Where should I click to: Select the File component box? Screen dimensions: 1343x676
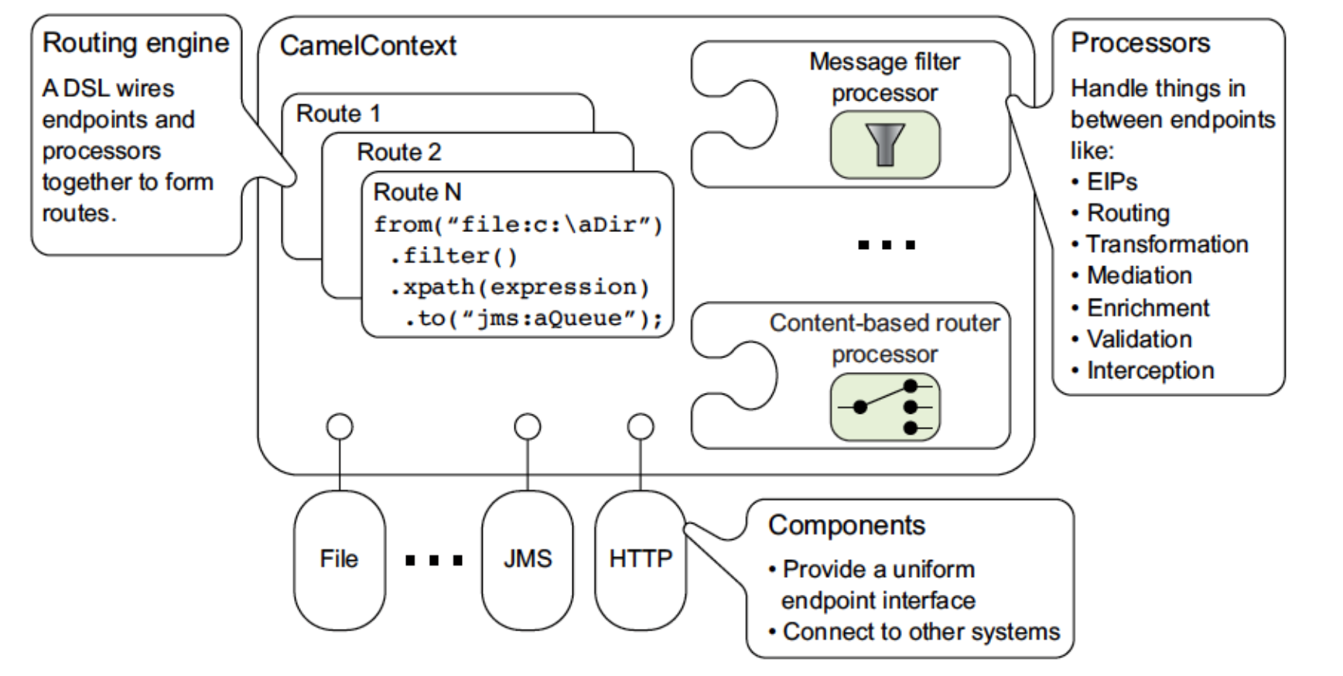tap(339, 560)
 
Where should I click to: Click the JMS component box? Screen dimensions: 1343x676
tap(528, 560)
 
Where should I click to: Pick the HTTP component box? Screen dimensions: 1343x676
tap(641, 560)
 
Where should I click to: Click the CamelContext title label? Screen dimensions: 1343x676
tap(368, 46)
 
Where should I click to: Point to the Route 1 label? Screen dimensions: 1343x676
tap(339, 114)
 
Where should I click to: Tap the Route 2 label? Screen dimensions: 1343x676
tap(399, 152)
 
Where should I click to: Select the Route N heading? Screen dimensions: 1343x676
tap(417, 192)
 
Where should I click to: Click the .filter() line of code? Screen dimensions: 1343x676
tap(453, 256)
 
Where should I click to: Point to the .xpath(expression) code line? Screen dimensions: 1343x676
tap(519, 287)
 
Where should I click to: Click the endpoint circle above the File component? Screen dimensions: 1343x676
tap(340, 427)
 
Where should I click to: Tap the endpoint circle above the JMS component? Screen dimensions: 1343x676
tap(528, 427)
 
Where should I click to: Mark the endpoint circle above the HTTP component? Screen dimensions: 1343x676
tap(641, 427)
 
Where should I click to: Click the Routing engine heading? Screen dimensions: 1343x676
tap(136, 43)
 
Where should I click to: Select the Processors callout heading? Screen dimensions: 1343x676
tap(1140, 43)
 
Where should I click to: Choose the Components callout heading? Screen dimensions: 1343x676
tap(846, 525)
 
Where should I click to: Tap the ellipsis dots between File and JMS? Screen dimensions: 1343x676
tap(434, 560)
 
